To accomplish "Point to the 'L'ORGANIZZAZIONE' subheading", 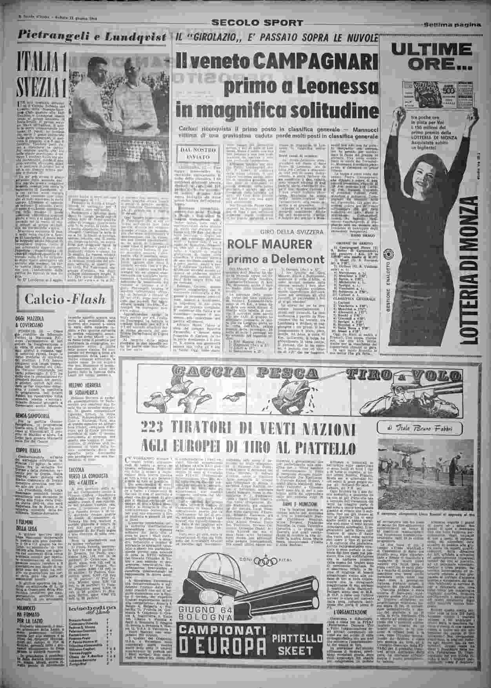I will click(x=344, y=612).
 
